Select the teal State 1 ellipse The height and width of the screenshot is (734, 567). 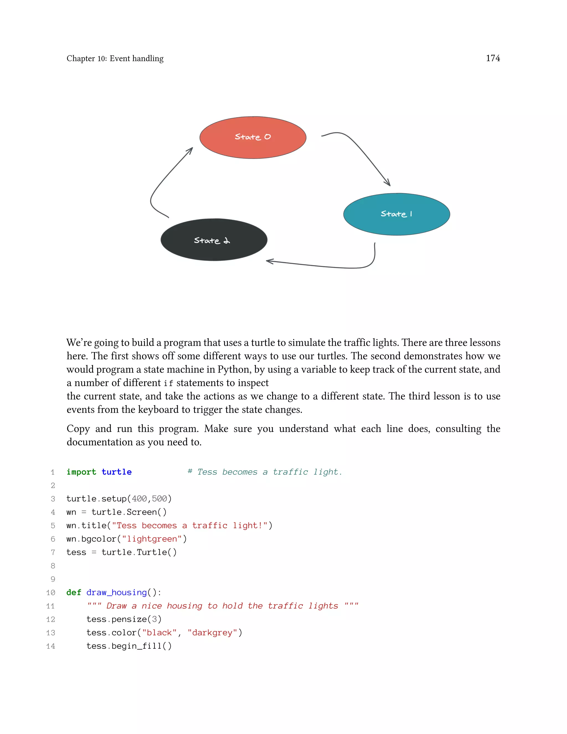coord(396,214)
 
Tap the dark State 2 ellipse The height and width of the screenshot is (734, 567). coord(214,240)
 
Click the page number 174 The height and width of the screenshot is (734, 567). coord(493,58)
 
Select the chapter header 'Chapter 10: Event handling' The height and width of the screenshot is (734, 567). coord(115,58)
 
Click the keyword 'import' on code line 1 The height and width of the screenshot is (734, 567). coord(81,472)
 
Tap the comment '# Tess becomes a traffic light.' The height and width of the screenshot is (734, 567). coord(265,472)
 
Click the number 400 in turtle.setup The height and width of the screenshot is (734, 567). coord(139,499)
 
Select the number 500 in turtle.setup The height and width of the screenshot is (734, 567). coord(159,499)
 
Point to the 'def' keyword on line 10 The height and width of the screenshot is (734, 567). coord(74,592)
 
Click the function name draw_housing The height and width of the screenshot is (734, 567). coord(117,592)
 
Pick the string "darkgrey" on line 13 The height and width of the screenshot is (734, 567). coord(212,633)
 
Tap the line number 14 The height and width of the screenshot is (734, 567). coord(51,646)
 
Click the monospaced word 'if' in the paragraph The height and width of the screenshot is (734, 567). coord(168,383)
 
